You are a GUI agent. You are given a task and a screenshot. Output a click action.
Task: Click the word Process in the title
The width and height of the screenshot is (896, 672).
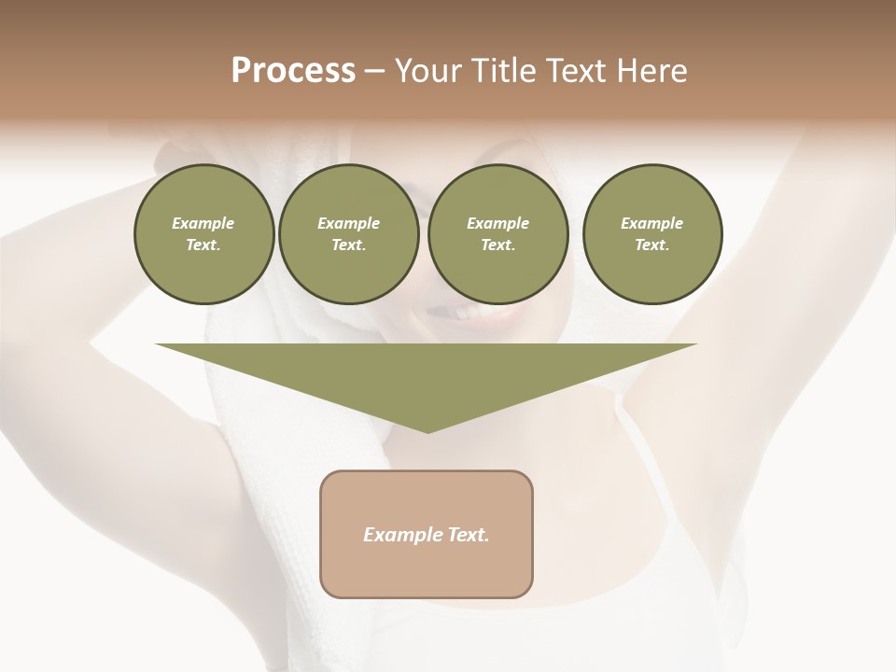(293, 71)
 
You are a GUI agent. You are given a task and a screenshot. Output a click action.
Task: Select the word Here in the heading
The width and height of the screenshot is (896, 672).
(650, 71)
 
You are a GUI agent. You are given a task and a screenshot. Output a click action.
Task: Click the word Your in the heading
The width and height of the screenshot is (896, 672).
(428, 71)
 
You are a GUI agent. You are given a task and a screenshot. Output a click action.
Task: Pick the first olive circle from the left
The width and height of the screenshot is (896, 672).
(203, 234)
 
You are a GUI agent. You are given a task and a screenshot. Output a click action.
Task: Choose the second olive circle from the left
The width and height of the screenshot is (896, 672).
(348, 234)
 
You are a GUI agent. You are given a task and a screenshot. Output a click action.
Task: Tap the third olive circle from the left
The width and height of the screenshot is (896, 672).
(497, 234)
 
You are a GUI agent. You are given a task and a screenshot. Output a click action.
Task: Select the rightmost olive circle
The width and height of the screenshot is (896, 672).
(652, 234)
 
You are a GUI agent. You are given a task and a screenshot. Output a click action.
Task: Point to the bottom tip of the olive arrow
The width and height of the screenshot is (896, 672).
(427, 431)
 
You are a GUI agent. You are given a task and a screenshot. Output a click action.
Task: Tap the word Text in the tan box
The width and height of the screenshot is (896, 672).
(468, 535)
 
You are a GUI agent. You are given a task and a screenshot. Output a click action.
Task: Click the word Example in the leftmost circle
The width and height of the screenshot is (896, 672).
(203, 223)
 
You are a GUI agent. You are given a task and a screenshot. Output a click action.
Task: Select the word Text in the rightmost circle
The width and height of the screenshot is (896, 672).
(652, 245)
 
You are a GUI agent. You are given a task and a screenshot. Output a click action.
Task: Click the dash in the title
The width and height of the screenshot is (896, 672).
(375, 71)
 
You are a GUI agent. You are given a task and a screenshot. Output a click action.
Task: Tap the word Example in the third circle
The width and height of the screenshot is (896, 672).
(497, 223)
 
